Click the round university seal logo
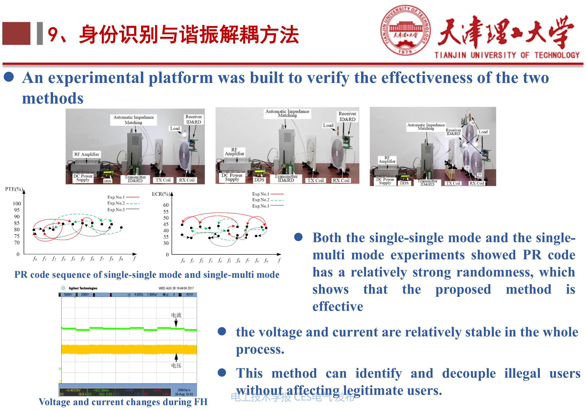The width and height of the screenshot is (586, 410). coord(406,31)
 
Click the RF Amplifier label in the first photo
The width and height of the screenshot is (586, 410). coord(87,154)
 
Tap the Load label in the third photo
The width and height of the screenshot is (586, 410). coord(483,132)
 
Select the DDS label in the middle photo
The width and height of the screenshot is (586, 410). coord(259,180)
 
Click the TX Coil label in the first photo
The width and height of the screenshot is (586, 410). coord(163,180)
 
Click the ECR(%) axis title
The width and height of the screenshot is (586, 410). coord(161,194)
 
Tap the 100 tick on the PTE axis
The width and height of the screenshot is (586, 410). coord(17,204)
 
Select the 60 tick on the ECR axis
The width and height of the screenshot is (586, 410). coord(166,205)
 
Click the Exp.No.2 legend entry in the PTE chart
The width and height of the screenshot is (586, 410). coord(116,203)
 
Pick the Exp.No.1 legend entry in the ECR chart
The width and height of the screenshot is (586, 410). coord(261,194)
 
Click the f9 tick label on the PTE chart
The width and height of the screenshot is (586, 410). coord(121,258)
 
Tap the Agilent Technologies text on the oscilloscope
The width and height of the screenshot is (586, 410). coord(83,288)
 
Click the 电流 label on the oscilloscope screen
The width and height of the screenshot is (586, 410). coord(176,315)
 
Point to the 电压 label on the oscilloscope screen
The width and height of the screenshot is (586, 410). coord(176,366)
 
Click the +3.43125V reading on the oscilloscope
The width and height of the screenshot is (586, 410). coord(73,390)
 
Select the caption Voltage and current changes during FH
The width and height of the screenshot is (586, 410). coord(123,402)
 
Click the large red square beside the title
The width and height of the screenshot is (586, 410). coord(16,34)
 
